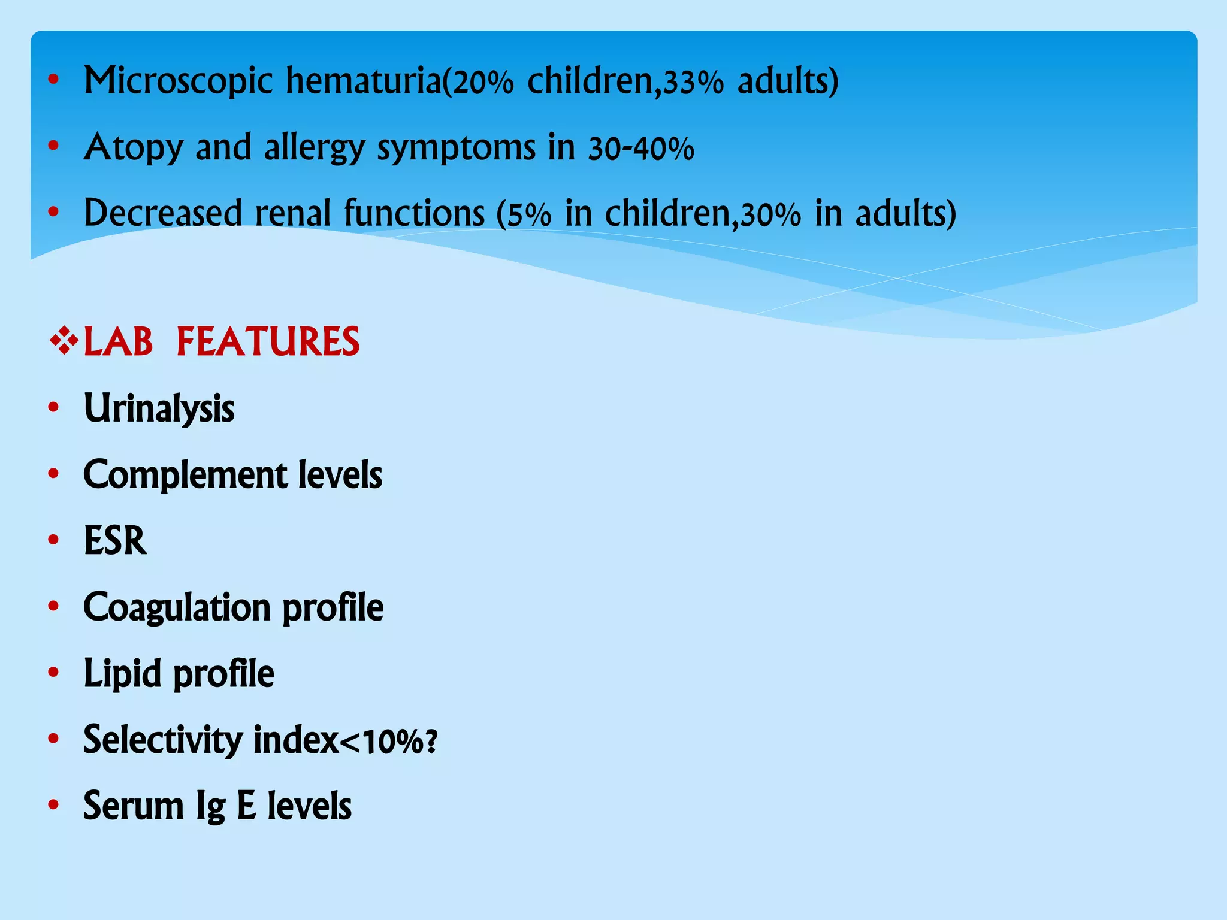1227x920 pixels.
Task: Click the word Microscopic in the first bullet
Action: tap(178, 81)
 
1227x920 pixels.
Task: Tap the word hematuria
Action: tap(363, 80)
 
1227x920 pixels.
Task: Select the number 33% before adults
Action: tap(693, 83)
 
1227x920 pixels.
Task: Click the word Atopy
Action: tap(133, 148)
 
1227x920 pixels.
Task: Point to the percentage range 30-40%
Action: tap(640, 149)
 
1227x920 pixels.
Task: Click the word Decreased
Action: tap(162, 213)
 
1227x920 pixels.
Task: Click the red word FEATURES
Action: tap(268, 342)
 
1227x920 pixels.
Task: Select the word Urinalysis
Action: tap(159, 409)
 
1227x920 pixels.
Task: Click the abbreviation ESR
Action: tap(115, 541)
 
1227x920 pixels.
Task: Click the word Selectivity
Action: tap(162, 740)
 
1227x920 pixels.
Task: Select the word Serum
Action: tap(133, 806)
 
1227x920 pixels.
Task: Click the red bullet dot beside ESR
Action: tap(53, 540)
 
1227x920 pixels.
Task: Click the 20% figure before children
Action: tap(483, 83)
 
